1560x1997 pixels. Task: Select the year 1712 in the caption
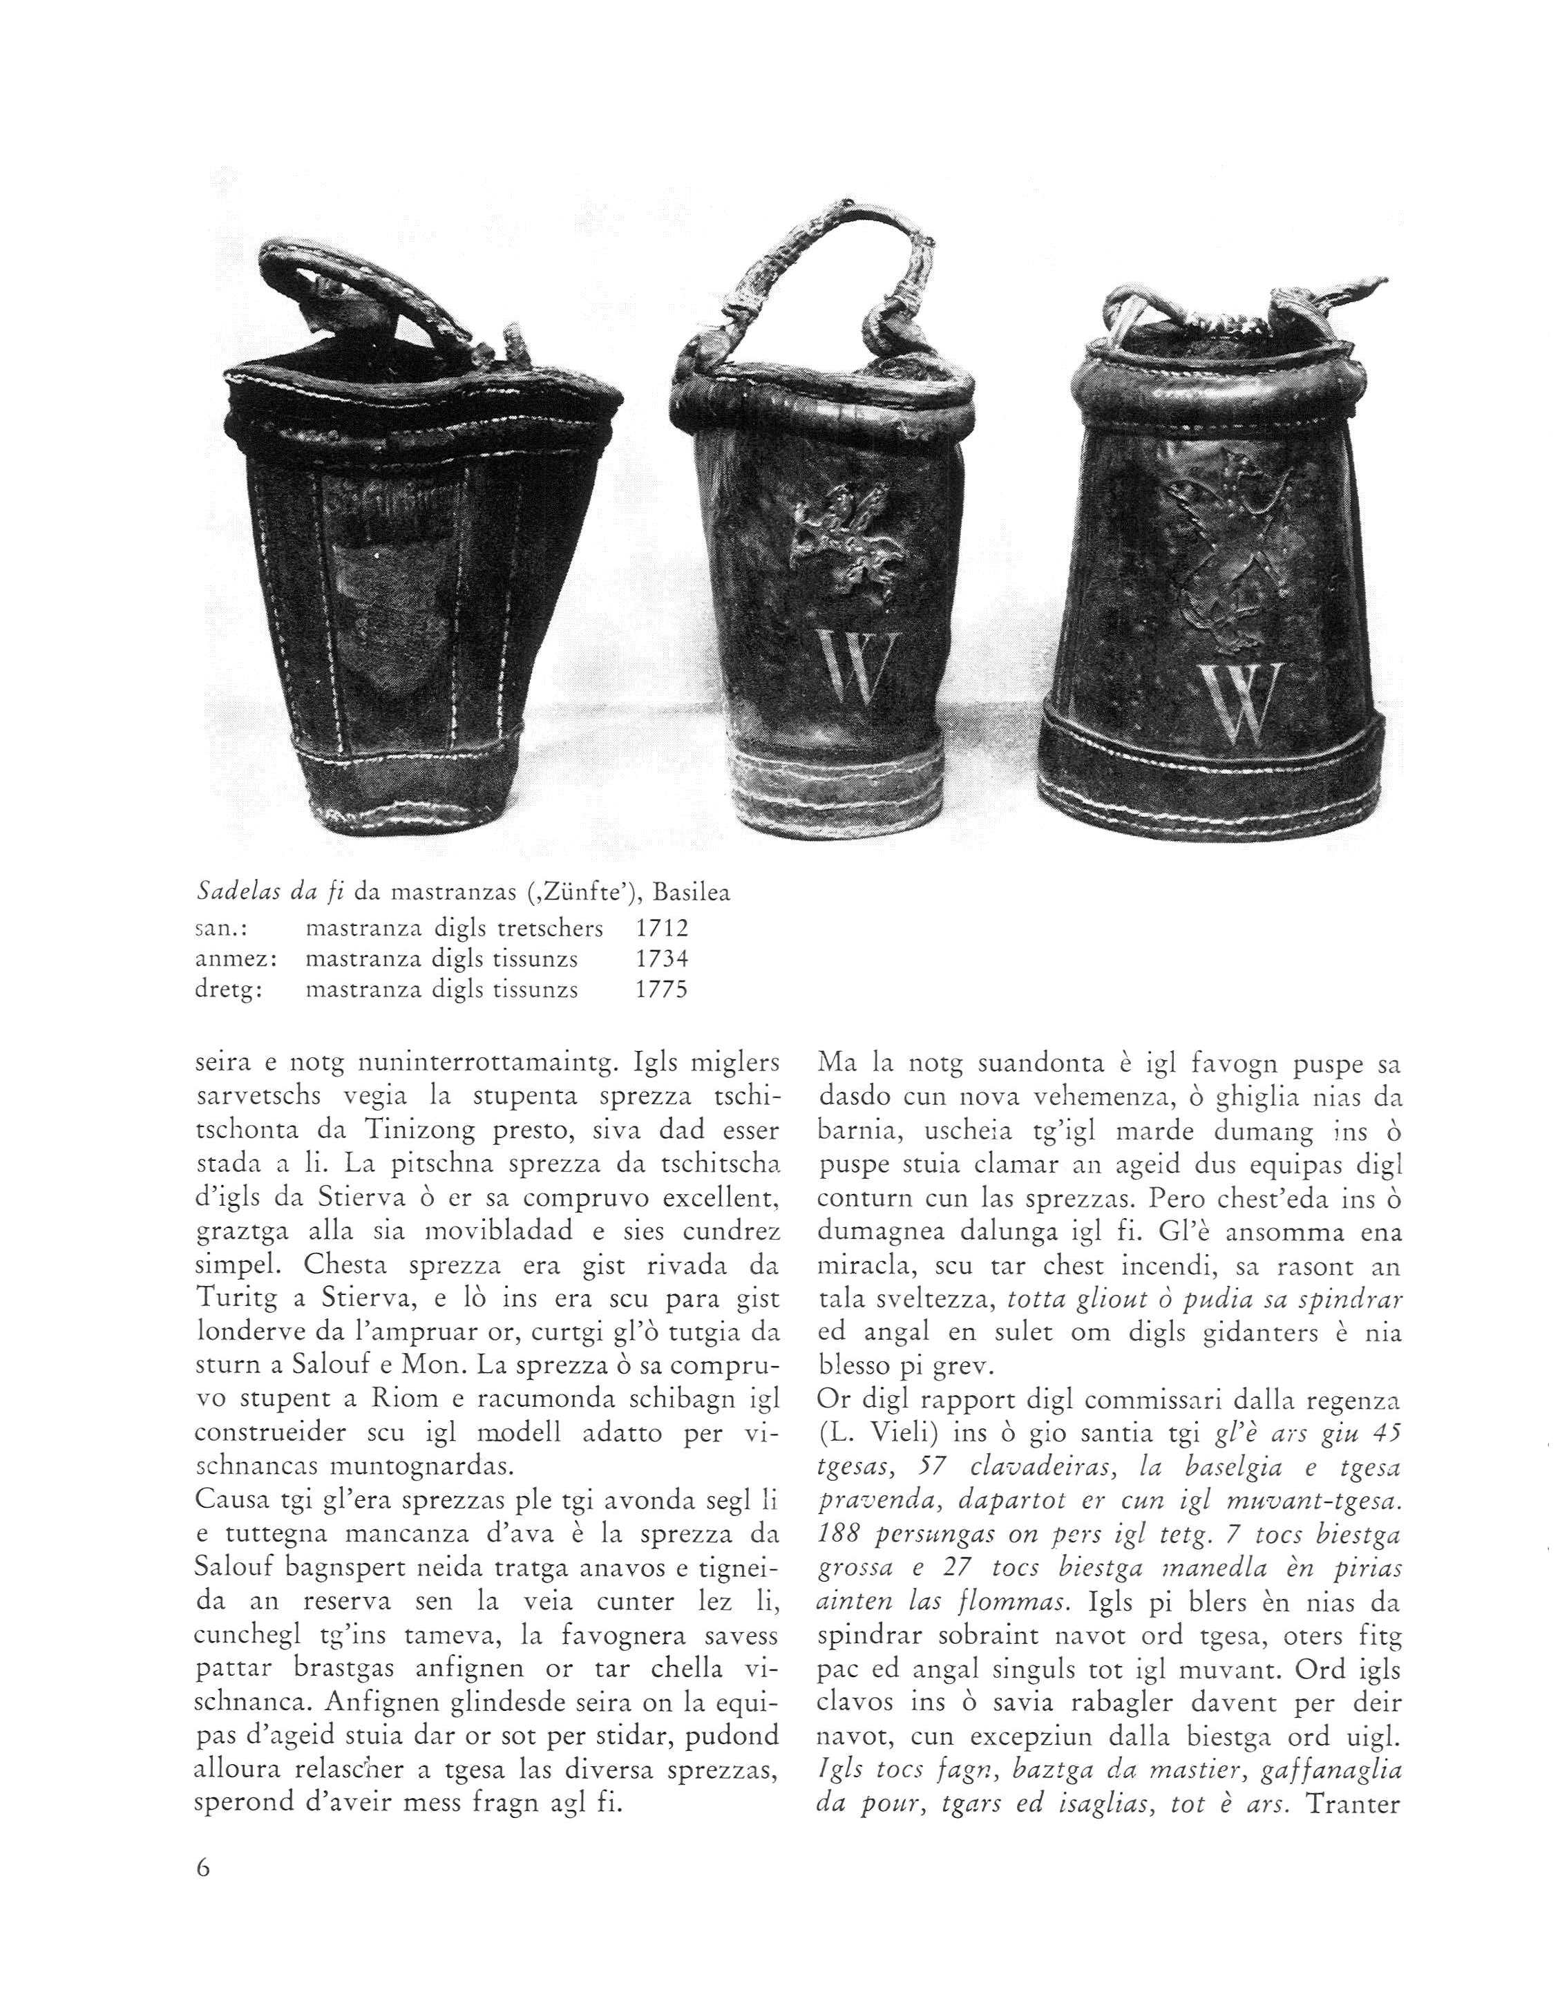661,929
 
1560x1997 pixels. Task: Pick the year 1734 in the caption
661,959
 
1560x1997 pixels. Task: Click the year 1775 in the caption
661,990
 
